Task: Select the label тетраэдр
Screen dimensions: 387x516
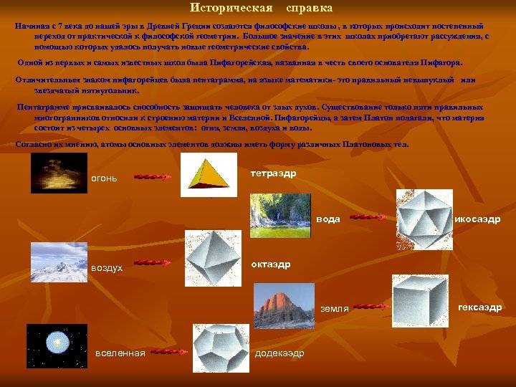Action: (x=273, y=174)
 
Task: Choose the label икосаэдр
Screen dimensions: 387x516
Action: (x=477, y=219)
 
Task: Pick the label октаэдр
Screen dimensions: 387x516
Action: (x=270, y=264)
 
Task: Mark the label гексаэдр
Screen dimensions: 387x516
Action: (x=479, y=307)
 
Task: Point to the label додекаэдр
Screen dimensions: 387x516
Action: (x=279, y=353)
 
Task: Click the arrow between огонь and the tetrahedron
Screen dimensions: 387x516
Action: (x=152, y=176)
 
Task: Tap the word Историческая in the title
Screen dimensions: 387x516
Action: (x=231, y=9)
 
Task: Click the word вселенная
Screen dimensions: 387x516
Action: (x=120, y=353)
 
